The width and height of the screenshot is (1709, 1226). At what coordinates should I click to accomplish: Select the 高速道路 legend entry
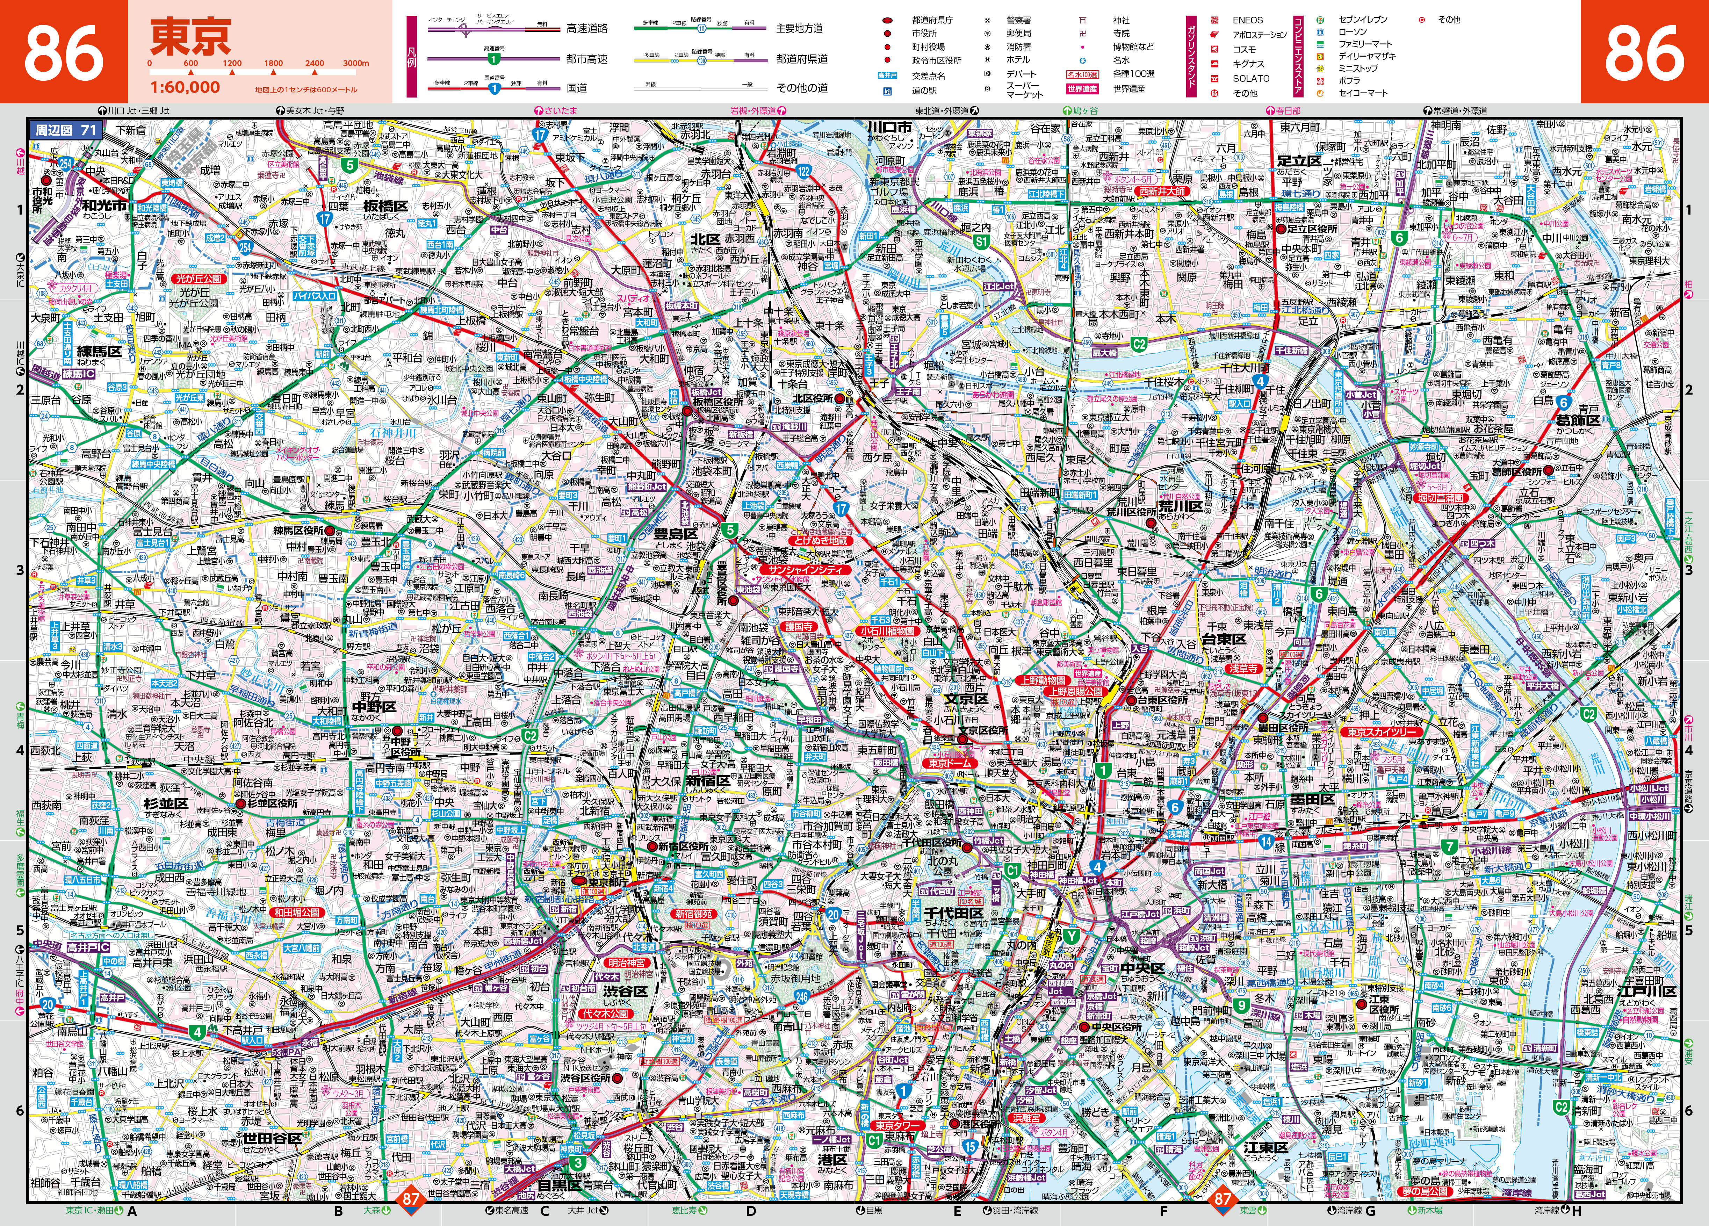pyautogui.click(x=587, y=29)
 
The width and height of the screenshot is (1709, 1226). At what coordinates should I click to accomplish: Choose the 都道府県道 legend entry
pyautogui.click(x=802, y=59)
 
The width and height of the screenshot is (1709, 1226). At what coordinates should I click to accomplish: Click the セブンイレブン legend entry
pyautogui.click(x=1362, y=20)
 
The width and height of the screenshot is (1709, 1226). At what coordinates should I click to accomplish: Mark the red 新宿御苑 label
pyautogui.click(x=693, y=913)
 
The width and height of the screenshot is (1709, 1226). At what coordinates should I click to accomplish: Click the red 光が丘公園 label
pyautogui.click(x=199, y=278)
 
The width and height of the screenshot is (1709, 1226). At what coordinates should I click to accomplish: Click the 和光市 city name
pyautogui.click(x=104, y=205)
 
